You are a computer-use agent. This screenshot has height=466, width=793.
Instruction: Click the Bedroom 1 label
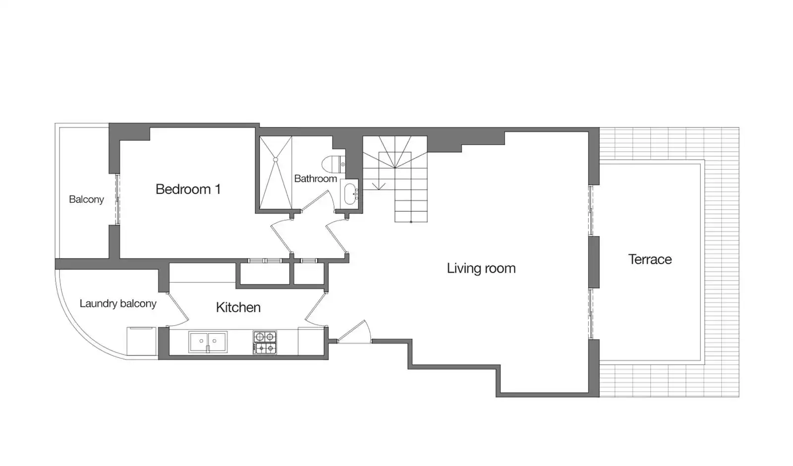(x=188, y=189)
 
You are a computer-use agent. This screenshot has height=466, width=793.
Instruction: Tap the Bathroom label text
(x=315, y=178)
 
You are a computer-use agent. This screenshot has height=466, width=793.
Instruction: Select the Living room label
(x=481, y=268)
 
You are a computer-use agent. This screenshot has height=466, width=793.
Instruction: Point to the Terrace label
(x=650, y=260)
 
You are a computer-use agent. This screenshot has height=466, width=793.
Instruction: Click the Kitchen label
(x=238, y=307)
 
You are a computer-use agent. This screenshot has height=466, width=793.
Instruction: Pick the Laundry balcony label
(x=118, y=303)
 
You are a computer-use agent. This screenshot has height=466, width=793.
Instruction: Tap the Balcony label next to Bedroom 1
(x=86, y=199)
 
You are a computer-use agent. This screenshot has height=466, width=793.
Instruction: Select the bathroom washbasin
(x=350, y=194)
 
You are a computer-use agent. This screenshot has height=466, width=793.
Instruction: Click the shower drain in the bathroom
(x=276, y=160)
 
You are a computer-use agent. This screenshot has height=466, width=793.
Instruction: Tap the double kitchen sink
(x=208, y=342)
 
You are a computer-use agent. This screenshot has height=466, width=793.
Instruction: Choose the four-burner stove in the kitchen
(x=265, y=343)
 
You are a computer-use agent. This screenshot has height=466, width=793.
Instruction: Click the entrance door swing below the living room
(x=354, y=332)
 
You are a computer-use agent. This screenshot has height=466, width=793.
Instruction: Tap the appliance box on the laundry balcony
(x=142, y=341)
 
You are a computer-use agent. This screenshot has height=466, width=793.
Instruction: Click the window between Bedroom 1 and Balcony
(x=117, y=199)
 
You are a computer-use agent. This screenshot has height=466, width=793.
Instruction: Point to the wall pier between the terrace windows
(x=594, y=262)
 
